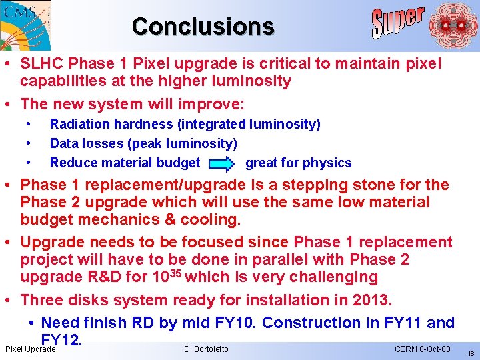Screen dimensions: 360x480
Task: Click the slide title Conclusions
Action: [x=203, y=26]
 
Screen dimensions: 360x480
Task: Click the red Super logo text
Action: [x=398, y=22]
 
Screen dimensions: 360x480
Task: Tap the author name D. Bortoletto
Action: [x=205, y=349]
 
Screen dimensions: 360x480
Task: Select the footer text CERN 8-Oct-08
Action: [x=423, y=349]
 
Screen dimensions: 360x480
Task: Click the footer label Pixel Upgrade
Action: [x=30, y=349]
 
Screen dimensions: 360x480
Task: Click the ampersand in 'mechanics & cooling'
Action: [x=163, y=219]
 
